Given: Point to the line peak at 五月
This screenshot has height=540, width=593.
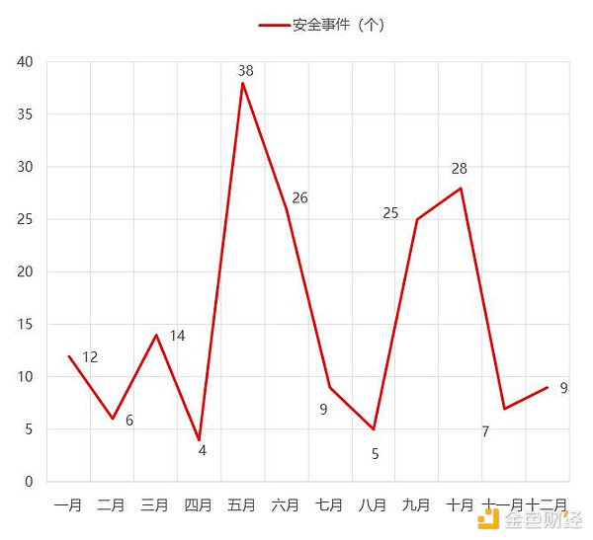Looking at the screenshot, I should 242,83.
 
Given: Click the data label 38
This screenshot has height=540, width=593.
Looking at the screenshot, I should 245,70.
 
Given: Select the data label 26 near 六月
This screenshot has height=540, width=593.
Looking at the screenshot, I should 299,197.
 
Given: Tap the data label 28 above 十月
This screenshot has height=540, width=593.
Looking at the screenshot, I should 459,170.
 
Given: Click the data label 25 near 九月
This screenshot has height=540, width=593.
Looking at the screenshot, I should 390,212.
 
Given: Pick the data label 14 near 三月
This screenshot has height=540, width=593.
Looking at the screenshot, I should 177,336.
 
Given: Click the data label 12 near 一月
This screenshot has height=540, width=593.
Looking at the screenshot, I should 90,356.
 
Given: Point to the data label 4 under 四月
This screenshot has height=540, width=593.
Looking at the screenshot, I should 202,451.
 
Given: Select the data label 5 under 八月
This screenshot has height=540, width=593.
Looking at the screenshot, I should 376,454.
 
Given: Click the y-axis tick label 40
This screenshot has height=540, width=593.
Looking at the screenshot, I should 25,62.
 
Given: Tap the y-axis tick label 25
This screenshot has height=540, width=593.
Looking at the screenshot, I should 25,219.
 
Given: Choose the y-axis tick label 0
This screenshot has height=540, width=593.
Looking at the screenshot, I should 29,482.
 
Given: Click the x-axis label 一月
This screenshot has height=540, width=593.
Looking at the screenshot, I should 68,505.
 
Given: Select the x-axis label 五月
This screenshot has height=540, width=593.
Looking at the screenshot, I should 242,505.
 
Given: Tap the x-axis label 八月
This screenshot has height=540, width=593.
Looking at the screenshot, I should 373,505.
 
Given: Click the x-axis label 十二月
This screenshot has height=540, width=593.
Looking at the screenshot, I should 547,505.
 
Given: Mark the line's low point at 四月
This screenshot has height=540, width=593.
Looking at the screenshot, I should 200,439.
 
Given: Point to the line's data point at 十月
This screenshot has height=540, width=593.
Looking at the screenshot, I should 461,189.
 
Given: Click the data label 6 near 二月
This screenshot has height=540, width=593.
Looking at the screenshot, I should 129,421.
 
